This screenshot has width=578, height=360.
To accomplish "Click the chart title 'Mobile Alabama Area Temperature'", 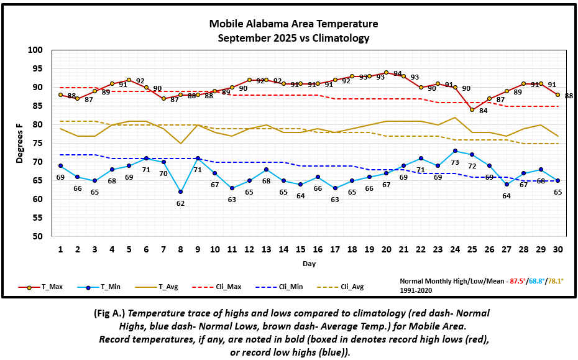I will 293,24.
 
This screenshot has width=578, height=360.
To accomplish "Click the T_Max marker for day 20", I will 386,73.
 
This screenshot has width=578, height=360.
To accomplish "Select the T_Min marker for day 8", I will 180,192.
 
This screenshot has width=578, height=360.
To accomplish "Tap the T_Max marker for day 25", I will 472,110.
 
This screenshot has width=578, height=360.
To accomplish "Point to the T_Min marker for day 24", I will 455,150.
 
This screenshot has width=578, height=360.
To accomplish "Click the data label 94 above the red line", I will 398,74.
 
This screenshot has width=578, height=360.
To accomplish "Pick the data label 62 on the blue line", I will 180,203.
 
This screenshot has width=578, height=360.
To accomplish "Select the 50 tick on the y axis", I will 38,237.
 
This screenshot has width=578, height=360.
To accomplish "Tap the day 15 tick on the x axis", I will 300,249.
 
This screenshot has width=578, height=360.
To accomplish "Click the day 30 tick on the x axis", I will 557,249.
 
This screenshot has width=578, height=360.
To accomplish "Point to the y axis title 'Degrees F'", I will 19,144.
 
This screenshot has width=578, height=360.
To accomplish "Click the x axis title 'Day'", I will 309,264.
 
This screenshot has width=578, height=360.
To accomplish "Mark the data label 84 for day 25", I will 483,111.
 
